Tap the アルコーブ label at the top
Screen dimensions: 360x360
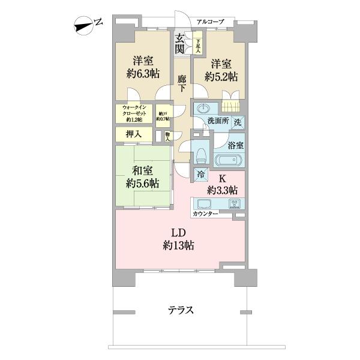(210, 22)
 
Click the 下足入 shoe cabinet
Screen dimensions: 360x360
(197, 46)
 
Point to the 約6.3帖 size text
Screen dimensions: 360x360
(143, 74)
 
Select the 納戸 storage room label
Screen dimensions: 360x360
(163, 115)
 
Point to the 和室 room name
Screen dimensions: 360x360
(142, 170)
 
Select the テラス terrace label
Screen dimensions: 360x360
(180, 310)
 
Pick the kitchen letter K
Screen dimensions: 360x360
(221, 178)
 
